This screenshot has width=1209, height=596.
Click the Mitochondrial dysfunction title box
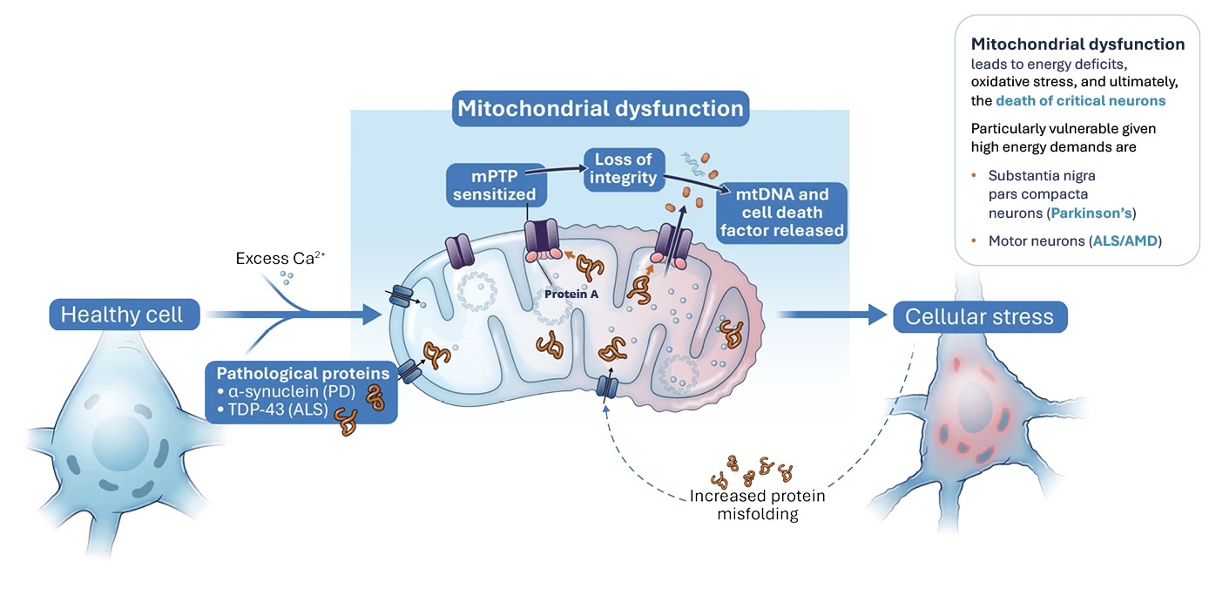coord(601,109)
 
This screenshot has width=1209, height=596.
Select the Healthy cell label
coord(122,315)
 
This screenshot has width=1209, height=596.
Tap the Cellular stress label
coord(979,316)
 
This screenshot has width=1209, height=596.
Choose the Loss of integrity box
coord(625,169)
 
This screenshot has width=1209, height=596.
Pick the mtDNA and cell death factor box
coord(780,213)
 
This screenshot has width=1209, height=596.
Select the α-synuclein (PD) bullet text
coord(288,391)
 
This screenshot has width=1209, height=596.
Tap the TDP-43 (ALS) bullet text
coord(274,410)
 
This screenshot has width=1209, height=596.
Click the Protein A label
coord(571,295)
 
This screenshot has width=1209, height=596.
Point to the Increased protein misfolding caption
coord(758,505)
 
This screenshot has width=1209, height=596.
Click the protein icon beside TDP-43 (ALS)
coord(348,422)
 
